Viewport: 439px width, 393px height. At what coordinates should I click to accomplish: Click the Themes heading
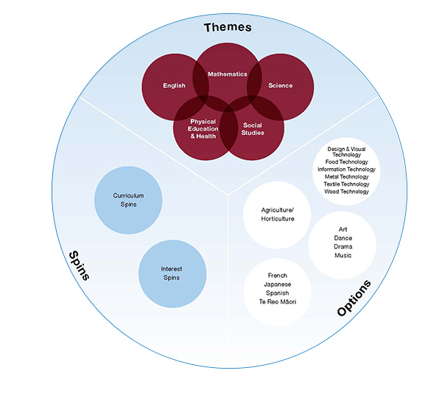tap(228, 27)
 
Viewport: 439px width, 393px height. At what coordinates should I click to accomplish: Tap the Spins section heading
tap(80, 265)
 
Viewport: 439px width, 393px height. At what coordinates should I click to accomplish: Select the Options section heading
tap(354, 298)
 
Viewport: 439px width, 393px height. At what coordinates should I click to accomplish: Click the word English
tap(174, 86)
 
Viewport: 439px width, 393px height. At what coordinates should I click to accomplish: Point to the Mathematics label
tap(228, 74)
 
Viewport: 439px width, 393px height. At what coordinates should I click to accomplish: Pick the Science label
tap(280, 86)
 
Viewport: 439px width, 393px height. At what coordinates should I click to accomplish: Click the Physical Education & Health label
tap(203, 129)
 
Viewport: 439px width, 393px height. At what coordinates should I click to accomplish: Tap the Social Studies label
tap(253, 129)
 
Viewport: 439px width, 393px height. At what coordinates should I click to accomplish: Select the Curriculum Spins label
tap(128, 200)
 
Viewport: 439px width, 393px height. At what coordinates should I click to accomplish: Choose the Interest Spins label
tap(172, 274)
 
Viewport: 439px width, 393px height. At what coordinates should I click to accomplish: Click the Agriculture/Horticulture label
tap(278, 215)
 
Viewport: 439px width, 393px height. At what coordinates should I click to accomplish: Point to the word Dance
tap(343, 238)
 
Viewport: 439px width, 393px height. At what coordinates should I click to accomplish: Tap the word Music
tap(343, 255)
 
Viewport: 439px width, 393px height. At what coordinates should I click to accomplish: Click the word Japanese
tap(278, 285)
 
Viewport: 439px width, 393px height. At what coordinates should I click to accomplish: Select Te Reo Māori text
tap(278, 302)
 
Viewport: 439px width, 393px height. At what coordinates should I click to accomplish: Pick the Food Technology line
tap(347, 161)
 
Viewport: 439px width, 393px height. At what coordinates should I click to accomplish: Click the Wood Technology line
tap(347, 192)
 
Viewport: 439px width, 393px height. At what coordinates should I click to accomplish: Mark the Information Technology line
tap(347, 170)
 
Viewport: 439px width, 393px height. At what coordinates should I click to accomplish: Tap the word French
tap(278, 276)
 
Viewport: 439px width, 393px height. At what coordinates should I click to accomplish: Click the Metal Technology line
tap(347, 177)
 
